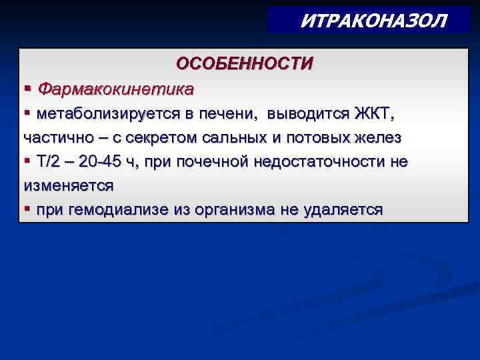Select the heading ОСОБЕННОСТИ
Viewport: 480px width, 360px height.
pos(244,63)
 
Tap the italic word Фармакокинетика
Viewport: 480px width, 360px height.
pos(116,88)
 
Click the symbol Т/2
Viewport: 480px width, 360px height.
pos(51,162)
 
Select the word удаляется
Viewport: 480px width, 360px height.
pos(345,211)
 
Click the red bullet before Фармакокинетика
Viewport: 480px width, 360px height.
pos(27,88)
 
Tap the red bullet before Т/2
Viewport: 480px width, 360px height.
pos(27,162)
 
